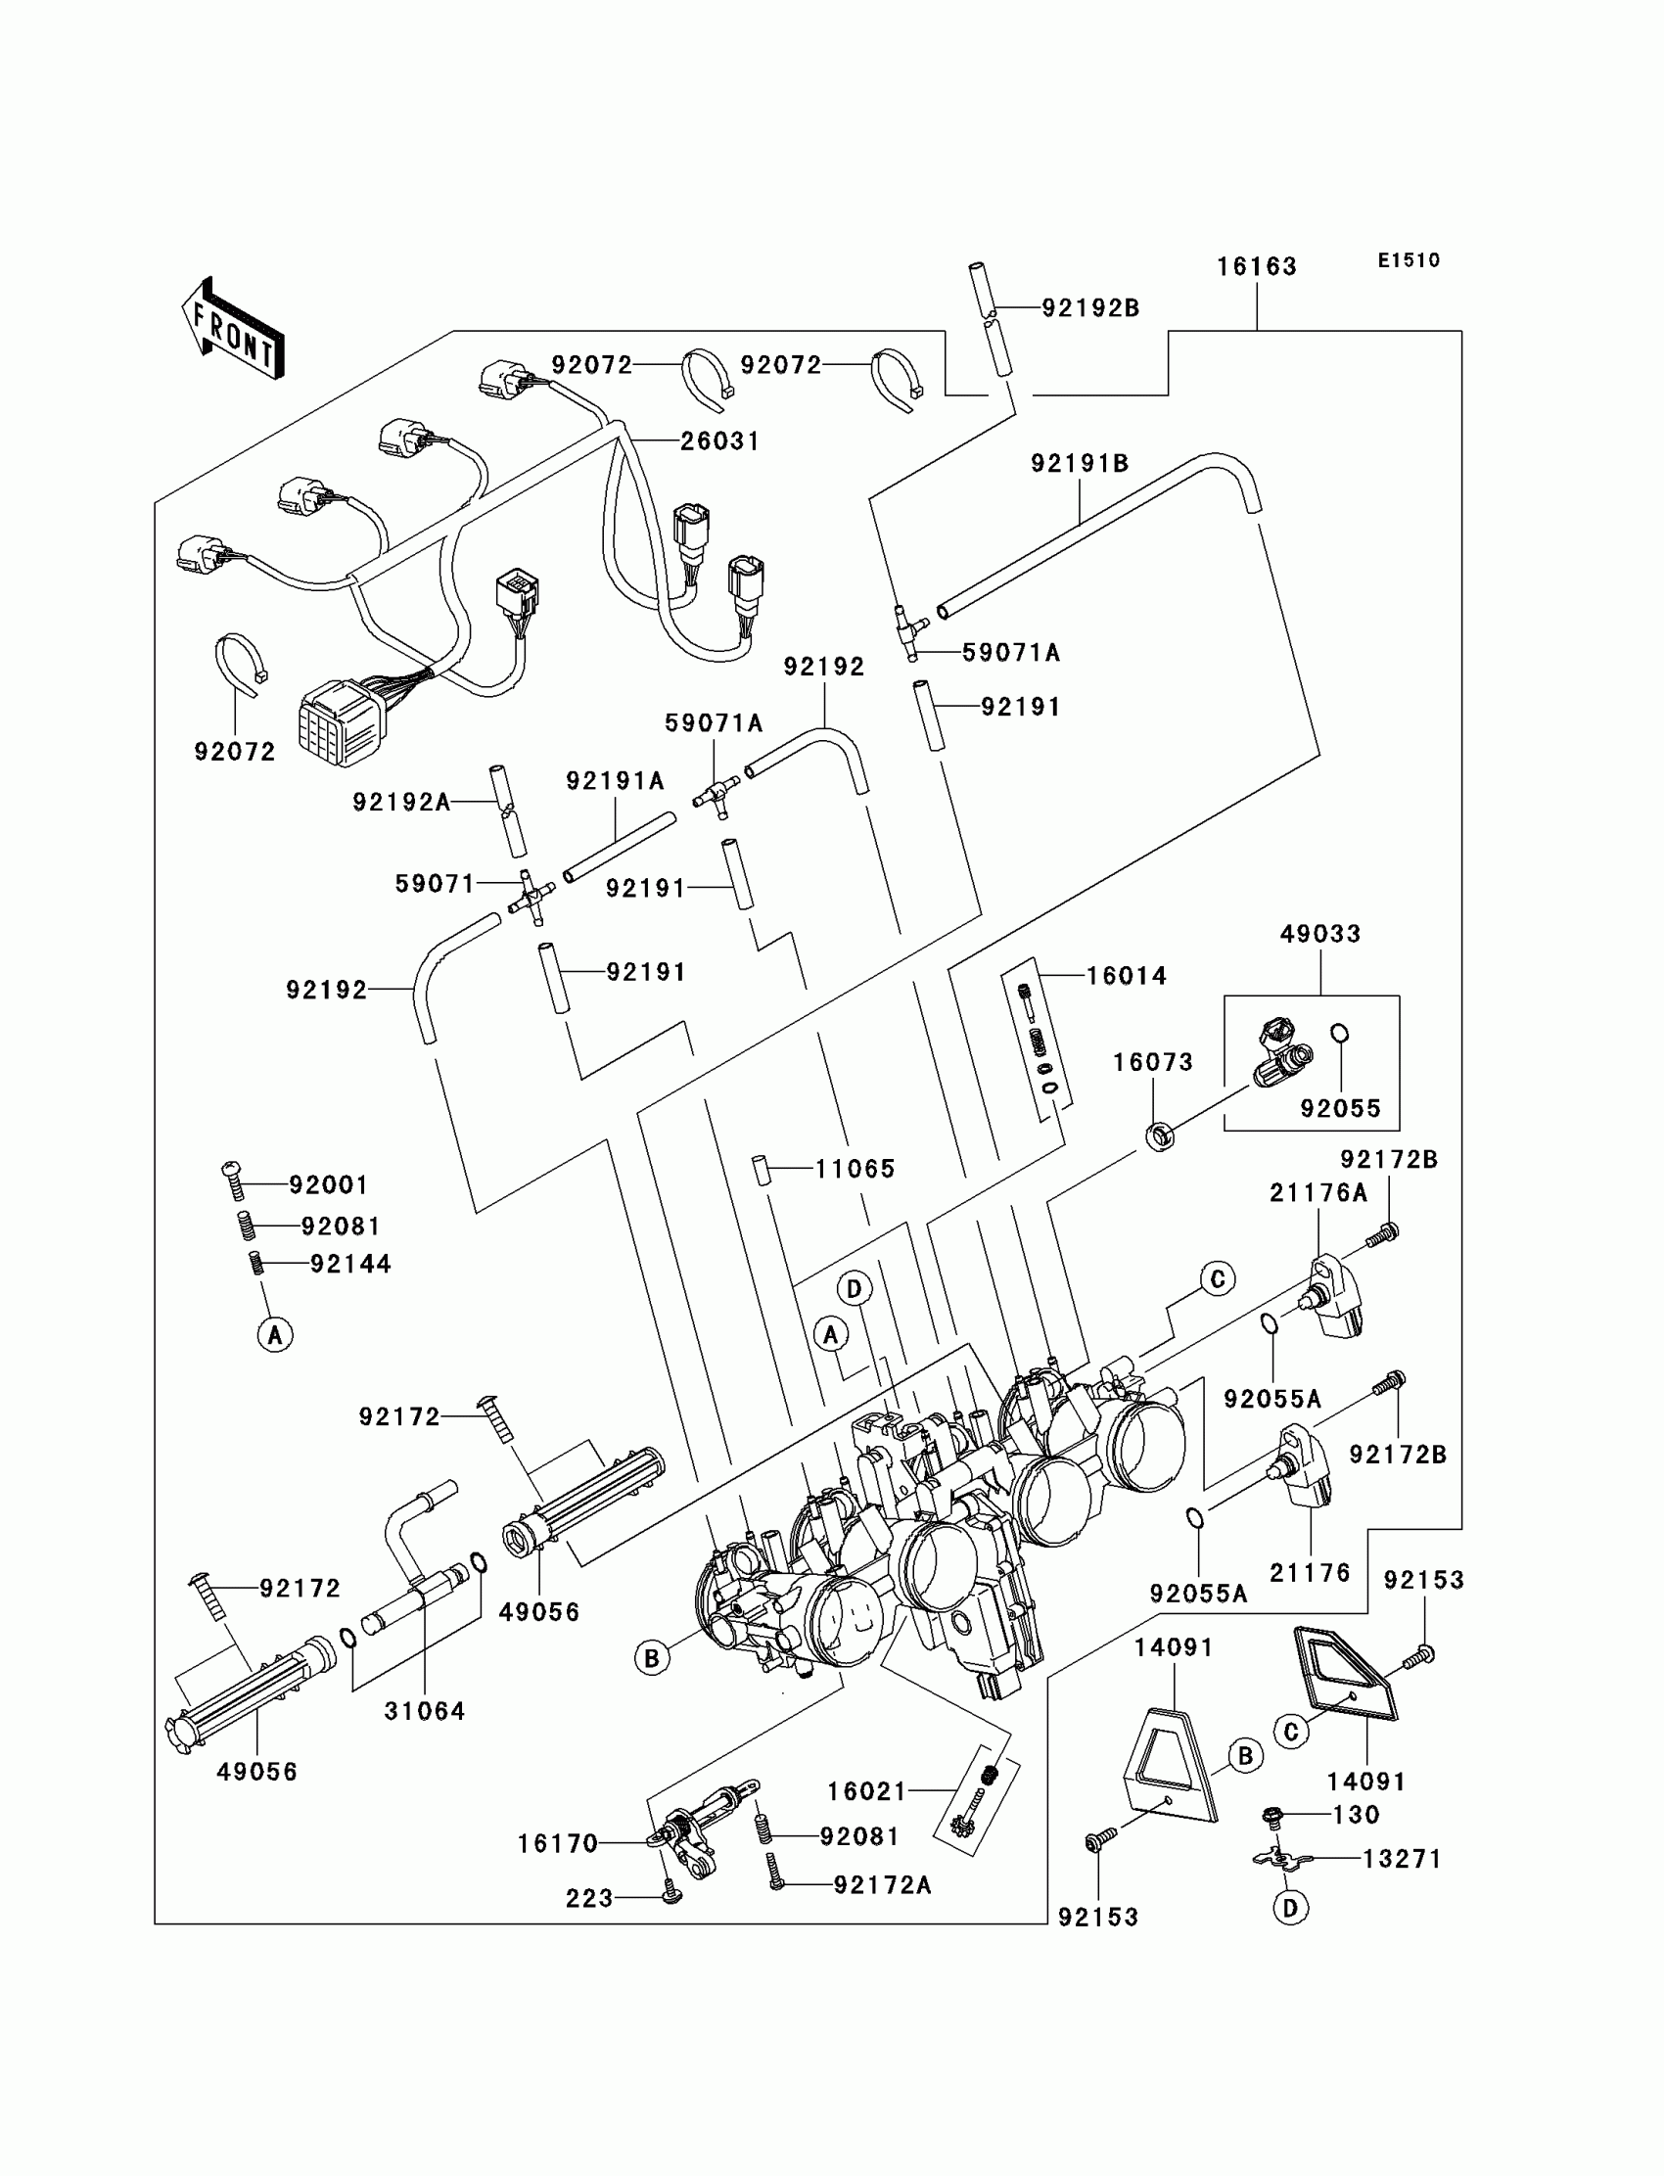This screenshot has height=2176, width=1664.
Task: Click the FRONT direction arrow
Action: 233,329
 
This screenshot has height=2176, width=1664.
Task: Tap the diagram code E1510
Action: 1410,260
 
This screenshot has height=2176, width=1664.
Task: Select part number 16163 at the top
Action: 1257,266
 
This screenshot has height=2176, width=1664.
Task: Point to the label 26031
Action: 720,440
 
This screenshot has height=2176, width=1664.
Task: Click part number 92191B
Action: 1080,464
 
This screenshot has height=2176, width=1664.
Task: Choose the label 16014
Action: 1127,976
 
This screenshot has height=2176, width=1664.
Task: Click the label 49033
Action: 1320,934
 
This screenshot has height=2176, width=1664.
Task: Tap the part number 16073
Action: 1153,1063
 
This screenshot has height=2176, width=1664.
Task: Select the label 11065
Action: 855,1170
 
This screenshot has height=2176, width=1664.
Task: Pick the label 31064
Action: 425,1711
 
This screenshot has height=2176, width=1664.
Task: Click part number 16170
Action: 558,1844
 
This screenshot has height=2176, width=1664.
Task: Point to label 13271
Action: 1402,1859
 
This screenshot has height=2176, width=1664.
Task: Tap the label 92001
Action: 329,1185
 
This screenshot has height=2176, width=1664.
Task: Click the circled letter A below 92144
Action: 275,1335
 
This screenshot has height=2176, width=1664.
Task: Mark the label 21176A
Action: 1318,1193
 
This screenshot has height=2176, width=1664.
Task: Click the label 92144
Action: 350,1265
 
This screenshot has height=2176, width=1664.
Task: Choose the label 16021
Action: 867,1791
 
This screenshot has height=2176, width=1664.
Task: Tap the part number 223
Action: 589,1899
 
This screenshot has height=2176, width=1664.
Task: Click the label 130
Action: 1356,1815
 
